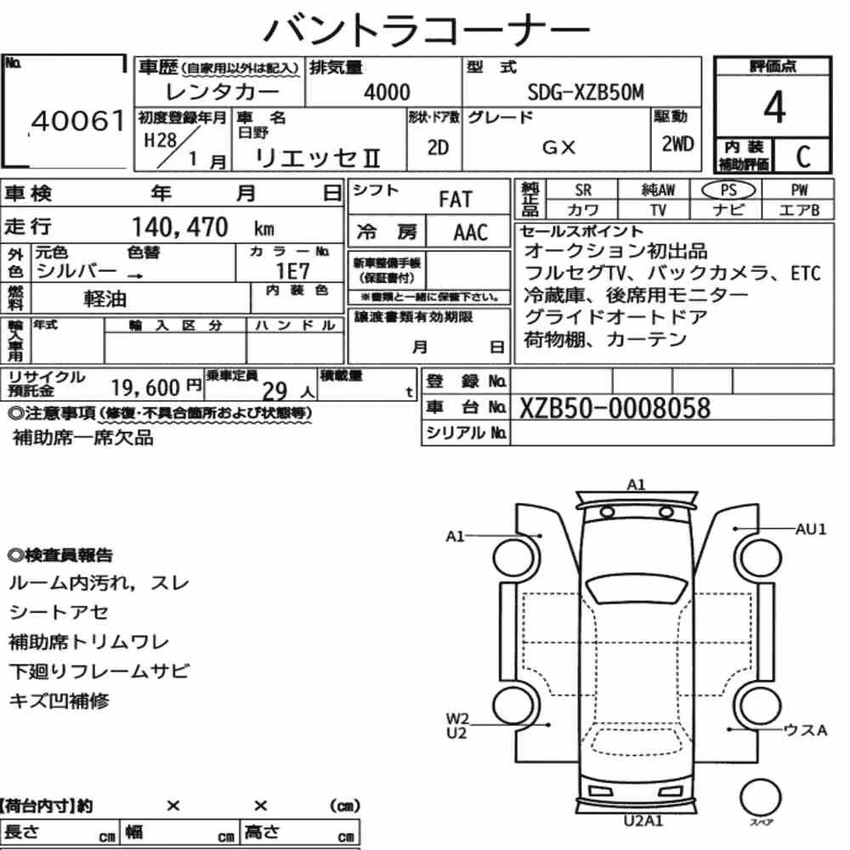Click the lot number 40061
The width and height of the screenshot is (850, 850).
(x=78, y=121)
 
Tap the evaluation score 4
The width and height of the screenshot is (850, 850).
(x=774, y=107)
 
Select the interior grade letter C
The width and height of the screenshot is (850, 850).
(x=803, y=156)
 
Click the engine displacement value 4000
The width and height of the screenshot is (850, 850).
(x=387, y=92)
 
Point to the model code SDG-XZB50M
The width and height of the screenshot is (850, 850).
(x=586, y=93)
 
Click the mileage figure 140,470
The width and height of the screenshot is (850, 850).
(x=180, y=227)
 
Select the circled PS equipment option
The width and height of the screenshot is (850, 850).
(x=728, y=190)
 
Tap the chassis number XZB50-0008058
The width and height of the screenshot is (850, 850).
(x=615, y=408)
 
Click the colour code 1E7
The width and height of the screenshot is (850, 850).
(x=292, y=271)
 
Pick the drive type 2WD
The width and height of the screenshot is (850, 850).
(x=677, y=144)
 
